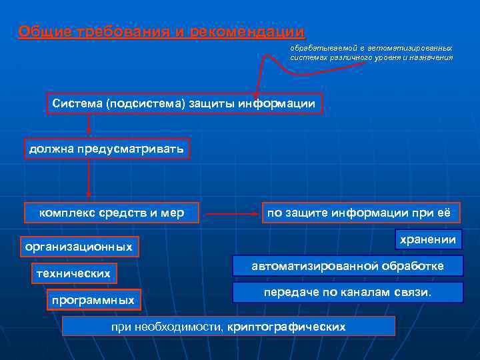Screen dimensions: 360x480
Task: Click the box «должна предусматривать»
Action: tap(107, 149)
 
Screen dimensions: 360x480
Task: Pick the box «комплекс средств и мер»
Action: tap(111, 213)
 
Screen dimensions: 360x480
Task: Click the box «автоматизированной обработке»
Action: tap(347, 266)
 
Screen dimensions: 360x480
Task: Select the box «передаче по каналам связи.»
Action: tap(347, 293)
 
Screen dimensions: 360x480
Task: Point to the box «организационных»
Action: tap(79, 247)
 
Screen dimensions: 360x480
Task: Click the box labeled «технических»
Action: tap(73, 273)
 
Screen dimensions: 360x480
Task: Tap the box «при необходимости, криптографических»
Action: tap(228, 327)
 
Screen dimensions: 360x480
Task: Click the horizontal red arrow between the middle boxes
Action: tap(231, 214)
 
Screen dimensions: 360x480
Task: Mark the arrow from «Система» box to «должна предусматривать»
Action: tap(88, 126)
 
